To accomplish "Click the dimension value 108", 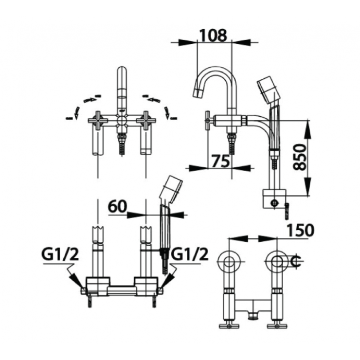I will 213,35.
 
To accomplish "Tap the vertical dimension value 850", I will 301,157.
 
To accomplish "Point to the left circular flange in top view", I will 229,262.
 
